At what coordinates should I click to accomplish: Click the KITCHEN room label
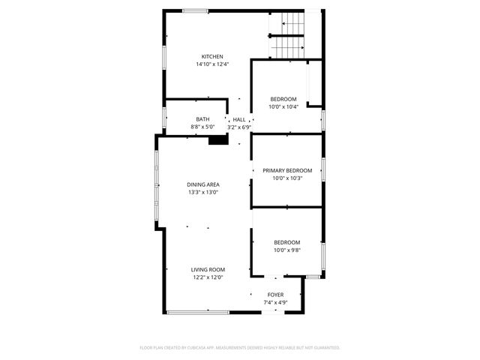(212, 57)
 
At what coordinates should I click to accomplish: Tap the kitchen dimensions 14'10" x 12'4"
(212, 64)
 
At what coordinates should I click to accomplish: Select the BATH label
(202, 119)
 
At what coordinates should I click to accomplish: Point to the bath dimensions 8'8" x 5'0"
(202, 127)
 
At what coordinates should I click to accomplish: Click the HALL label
(238, 119)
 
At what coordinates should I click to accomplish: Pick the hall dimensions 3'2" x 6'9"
(238, 127)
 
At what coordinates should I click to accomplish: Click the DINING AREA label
(203, 184)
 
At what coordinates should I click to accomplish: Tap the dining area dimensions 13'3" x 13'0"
(203, 192)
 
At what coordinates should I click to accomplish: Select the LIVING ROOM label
(208, 269)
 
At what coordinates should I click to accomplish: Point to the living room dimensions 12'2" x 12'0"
(208, 277)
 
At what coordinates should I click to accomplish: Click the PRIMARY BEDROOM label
(287, 170)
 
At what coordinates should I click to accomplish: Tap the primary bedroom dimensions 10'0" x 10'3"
(287, 178)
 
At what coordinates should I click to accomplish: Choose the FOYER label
(276, 295)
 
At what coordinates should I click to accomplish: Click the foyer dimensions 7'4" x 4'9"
(276, 302)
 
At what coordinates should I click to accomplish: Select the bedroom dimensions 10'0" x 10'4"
(283, 106)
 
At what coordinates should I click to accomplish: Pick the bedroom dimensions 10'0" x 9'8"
(286, 250)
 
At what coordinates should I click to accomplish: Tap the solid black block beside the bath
(218, 139)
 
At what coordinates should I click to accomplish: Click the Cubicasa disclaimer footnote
(240, 348)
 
